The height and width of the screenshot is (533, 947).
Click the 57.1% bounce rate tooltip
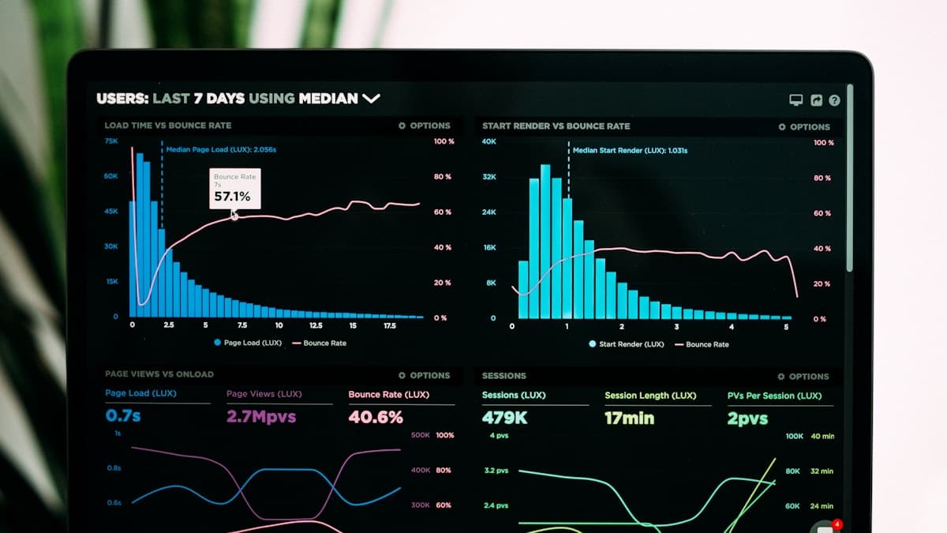coord(234,189)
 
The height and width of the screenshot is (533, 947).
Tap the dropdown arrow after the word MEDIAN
coord(371,99)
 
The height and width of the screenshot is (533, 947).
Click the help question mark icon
coord(834,100)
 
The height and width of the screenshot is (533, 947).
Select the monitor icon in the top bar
coord(795,100)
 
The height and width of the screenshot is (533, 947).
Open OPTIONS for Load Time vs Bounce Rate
coord(425,126)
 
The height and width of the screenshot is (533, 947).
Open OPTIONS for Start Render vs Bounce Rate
coord(804,127)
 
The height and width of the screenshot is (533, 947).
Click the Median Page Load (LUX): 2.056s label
coord(221,149)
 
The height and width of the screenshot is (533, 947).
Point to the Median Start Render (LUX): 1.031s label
coord(630,150)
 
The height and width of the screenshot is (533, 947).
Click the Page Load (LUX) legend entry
coord(247,343)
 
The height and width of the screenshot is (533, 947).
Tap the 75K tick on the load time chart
coord(111,141)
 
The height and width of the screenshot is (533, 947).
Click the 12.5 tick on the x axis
coord(316,325)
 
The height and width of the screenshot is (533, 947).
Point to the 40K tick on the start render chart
coord(489,142)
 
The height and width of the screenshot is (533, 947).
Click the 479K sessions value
coord(504,418)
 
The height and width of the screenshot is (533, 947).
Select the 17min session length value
coord(629,418)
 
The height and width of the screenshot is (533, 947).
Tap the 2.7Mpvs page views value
coord(260,416)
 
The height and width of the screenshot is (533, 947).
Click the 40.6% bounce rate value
coord(376,416)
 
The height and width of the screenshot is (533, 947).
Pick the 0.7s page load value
coord(123,415)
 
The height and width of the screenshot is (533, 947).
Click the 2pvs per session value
coord(747,419)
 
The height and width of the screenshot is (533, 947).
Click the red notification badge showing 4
coord(837,524)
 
